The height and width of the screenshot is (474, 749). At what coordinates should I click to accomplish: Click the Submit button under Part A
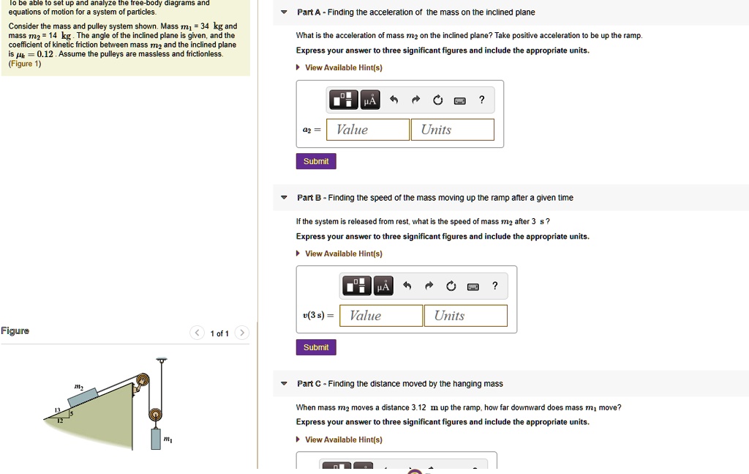pyautogui.click(x=316, y=161)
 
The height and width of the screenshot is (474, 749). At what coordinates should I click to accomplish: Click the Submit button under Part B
pyautogui.click(x=316, y=347)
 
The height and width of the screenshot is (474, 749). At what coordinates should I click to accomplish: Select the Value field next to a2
pyautogui.click(x=368, y=130)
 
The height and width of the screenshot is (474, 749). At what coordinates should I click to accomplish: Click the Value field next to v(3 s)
pyautogui.click(x=381, y=316)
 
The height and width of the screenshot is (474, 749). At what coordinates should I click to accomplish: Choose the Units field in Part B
pyautogui.click(x=465, y=316)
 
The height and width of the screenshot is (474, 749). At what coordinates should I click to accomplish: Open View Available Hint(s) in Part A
pyautogui.click(x=343, y=67)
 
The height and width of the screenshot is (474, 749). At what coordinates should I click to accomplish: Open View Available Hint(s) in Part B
pyautogui.click(x=343, y=253)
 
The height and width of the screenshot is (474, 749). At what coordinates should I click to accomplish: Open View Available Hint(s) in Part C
pyautogui.click(x=343, y=440)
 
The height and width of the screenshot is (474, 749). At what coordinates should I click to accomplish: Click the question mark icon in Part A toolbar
pyautogui.click(x=481, y=100)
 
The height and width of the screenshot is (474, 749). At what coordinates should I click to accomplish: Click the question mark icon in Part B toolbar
pyautogui.click(x=494, y=286)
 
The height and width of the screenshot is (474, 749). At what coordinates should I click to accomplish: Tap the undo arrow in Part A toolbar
pyautogui.click(x=394, y=100)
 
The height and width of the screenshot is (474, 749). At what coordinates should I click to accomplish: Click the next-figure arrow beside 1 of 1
pyautogui.click(x=243, y=333)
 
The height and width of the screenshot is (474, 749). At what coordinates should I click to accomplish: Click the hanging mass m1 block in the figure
pyautogui.click(x=156, y=438)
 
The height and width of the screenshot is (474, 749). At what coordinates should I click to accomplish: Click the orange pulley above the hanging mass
pyautogui.click(x=155, y=415)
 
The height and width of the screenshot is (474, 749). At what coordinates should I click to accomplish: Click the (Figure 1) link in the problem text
pyautogui.click(x=25, y=64)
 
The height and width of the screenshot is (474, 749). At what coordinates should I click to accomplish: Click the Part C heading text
pyautogui.click(x=399, y=384)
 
